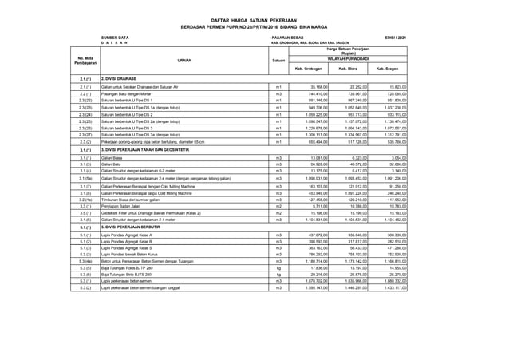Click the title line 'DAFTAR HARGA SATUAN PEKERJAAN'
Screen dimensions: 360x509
click(253, 18)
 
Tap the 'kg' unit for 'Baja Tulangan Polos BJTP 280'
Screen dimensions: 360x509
click(278, 269)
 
